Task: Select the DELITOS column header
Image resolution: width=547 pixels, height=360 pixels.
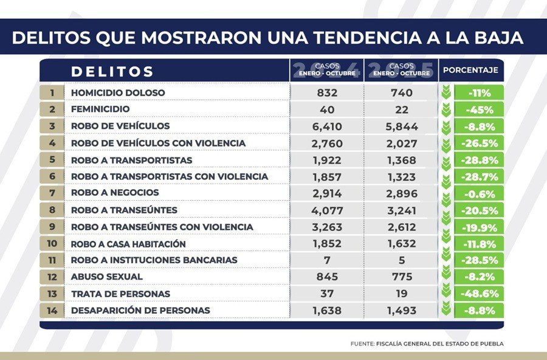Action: tap(112, 71)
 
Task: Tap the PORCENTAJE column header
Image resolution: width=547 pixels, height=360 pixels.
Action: tap(470, 71)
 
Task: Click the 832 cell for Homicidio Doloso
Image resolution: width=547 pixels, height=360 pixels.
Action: tap(327, 93)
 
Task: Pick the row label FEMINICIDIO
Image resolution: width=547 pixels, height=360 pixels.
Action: tap(100, 109)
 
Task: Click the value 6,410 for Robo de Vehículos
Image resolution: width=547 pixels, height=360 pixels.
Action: tap(327, 126)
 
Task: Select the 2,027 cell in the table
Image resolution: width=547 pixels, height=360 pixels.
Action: tap(401, 144)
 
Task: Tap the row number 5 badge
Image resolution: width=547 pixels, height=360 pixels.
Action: tap(52, 160)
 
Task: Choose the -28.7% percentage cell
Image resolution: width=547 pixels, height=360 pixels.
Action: tap(484, 177)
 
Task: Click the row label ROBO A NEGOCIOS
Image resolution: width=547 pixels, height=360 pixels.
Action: tap(115, 193)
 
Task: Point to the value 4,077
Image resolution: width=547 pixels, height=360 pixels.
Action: tap(327, 210)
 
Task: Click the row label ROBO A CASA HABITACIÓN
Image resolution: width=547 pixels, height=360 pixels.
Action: tap(128, 244)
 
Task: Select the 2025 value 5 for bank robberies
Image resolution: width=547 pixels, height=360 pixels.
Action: tap(401, 260)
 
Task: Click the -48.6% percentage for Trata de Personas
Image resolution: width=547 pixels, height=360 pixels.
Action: tap(484, 294)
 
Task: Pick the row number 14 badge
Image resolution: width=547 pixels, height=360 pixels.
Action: tap(52, 310)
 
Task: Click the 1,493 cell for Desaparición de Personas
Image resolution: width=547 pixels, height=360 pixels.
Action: tap(401, 311)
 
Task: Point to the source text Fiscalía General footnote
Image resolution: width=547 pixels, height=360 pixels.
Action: tap(427, 344)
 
